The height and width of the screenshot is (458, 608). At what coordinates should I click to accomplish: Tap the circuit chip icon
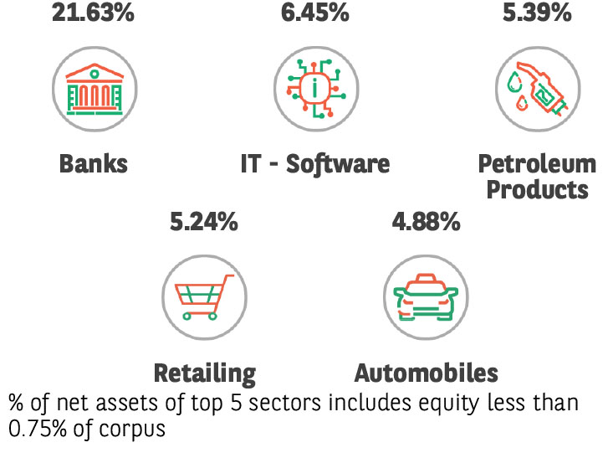[315, 87]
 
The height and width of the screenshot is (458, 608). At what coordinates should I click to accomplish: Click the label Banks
[94, 163]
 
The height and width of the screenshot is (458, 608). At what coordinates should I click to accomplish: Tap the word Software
[338, 163]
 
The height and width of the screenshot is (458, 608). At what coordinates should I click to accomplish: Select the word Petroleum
[537, 163]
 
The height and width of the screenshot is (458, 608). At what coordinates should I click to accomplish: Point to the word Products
[537, 189]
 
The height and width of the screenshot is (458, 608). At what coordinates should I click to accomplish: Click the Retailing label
[205, 373]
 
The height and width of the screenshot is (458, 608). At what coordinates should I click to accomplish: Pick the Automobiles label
[426, 373]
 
